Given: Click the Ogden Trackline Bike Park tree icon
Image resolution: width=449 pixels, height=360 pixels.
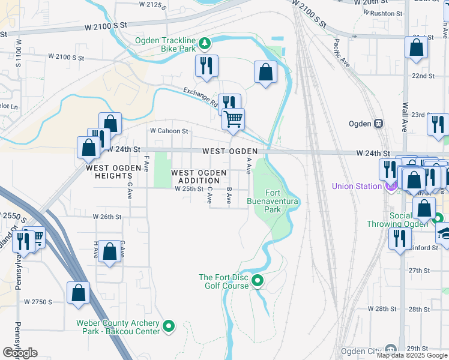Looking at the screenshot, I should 205,43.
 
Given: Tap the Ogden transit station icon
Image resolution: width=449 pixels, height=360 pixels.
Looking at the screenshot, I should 379,124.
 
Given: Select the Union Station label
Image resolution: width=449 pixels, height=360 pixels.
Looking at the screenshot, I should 357,186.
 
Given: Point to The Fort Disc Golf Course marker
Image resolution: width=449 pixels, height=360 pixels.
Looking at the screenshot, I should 258,280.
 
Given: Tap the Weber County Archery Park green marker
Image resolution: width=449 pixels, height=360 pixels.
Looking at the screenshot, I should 169,327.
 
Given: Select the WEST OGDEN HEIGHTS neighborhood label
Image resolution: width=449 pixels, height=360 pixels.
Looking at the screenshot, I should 109,172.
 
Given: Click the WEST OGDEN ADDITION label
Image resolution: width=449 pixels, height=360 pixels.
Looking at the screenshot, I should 199,176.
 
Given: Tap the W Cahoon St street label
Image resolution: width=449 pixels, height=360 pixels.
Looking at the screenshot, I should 169,130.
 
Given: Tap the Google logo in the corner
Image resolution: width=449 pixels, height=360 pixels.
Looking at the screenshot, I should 20,353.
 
